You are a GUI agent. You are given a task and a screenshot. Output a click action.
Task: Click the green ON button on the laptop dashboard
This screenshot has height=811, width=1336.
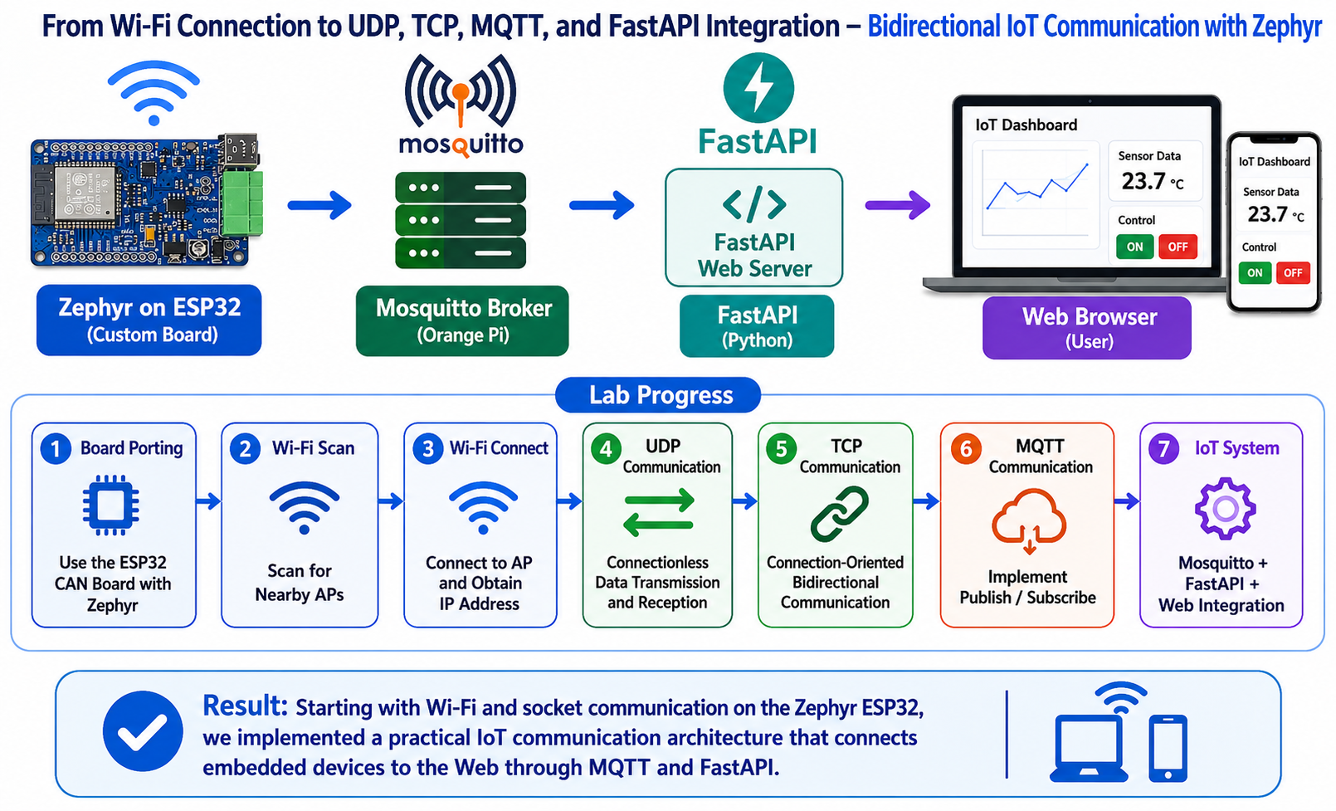(1134, 247)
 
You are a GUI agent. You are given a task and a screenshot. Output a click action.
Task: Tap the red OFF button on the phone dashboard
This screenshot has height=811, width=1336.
(1293, 273)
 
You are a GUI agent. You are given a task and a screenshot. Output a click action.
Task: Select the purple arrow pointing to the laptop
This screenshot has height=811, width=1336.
(898, 205)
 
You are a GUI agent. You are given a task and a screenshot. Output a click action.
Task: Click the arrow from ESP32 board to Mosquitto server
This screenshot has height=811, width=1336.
(319, 205)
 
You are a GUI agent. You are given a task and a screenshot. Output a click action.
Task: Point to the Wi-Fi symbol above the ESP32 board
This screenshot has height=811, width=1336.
(154, 92)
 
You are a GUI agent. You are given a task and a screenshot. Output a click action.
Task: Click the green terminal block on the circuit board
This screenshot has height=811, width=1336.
(241, 203)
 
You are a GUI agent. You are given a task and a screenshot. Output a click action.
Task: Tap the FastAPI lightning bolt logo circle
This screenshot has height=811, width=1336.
(758, 88)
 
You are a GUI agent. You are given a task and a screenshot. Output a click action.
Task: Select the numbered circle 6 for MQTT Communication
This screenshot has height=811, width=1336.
(966, 449)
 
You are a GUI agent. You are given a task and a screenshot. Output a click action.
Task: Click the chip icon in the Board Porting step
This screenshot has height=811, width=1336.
(111, 505)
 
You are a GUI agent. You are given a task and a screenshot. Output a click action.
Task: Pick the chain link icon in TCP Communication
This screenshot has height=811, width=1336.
(839, 514)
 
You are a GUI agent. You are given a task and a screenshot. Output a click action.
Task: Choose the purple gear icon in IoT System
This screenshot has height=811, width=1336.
(1225, 509)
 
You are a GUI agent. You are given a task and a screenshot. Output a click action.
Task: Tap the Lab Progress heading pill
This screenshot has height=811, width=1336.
(658, 395)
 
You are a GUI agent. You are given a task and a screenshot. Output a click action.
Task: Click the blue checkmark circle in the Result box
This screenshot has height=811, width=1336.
(143, 730)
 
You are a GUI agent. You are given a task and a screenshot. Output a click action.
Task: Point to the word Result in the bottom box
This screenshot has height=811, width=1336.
(245, 706)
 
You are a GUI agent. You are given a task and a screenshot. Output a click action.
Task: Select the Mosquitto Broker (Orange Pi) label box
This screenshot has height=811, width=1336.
(462, 321)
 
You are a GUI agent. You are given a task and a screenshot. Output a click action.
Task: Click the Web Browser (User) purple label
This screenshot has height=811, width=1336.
(1087, 328)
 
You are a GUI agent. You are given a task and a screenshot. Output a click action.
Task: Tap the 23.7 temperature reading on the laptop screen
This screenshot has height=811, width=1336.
(1143, 181)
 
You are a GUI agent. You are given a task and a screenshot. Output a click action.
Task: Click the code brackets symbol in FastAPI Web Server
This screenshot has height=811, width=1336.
(754, 204)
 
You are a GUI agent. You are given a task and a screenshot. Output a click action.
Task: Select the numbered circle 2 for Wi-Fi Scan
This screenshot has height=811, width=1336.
(245, 449)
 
